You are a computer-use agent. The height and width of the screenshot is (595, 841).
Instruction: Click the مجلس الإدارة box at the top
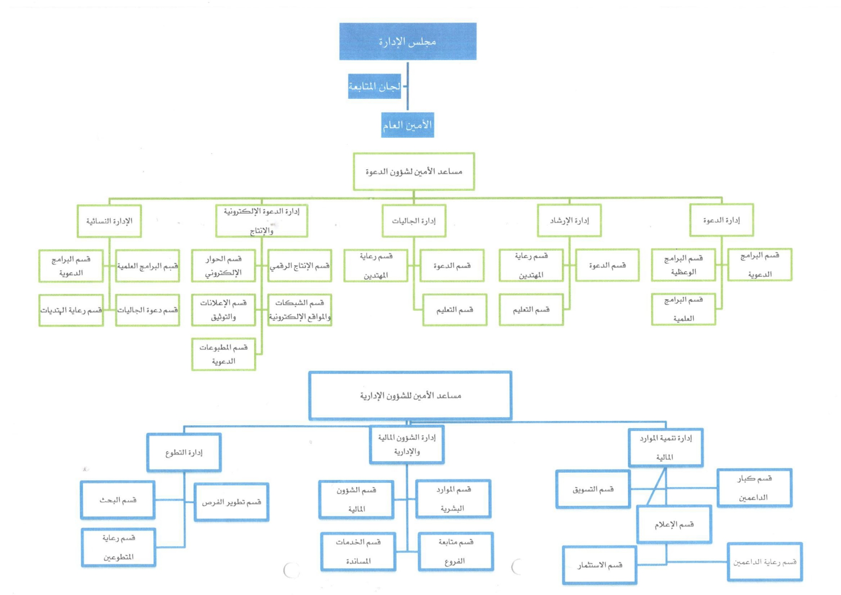[x=408, y=41]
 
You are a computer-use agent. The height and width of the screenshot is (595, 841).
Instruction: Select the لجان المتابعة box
[x=374, y=86]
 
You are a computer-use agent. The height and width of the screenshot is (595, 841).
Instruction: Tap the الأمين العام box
[x=408, y=125]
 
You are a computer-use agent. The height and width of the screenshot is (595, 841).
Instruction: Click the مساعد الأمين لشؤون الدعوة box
[x=414, y=172]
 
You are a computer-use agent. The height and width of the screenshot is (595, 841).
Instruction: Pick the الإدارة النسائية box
[x=109, y=221]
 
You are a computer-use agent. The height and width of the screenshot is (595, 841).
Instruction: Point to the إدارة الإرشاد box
[x=570, y=221]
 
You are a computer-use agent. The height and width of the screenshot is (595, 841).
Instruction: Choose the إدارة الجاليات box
[x=414, y=221]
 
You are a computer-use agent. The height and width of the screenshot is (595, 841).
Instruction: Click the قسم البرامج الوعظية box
[x=684, y=265]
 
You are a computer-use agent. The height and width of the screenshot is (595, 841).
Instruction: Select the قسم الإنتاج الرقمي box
[x=300, y=266]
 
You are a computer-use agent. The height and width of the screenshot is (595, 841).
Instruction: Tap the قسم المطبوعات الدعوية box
[x=223, y=354]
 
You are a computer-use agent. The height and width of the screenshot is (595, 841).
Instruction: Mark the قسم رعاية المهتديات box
[x=71, y=310]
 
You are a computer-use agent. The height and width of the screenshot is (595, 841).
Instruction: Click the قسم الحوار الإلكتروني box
[x=223, y=266]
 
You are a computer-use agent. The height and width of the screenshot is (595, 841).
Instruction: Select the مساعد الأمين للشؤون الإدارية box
[x=410, y=396]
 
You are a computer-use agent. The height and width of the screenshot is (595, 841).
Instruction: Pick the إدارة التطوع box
[x=184, y=453]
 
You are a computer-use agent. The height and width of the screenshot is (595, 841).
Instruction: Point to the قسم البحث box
[x=118, y=500]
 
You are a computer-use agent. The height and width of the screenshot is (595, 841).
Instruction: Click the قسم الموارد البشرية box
[x=454, y=499]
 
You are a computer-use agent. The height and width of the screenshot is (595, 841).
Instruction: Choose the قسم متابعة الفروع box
[x=456, y=551]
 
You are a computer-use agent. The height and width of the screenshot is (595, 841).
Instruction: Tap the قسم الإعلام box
[x=674, y=524]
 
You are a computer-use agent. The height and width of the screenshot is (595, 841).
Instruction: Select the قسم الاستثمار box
[x=600, y=565]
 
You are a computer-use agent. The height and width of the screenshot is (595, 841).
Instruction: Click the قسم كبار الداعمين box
[x=755, y=488]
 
